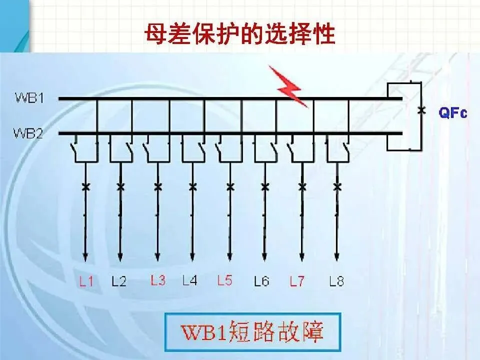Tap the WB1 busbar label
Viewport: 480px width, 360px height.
coord(29,98)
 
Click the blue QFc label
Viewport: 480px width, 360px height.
coord(452,113)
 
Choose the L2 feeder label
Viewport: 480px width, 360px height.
coord(119,281)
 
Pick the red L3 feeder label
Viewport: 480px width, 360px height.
coord(157,280)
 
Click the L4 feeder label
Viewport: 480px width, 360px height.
coord(190,280)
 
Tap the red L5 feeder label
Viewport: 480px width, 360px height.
coord(224,280)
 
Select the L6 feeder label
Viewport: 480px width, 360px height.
coord(261,281)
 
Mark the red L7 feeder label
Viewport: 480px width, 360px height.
coord(297,281)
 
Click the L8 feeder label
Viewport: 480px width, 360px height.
coord(337,281)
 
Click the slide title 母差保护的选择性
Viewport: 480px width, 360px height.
coord(239,34)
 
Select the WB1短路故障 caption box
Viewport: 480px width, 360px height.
coord(253,331)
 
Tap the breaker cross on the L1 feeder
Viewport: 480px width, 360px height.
coord(85,187)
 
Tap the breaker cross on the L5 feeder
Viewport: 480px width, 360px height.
coord(230,187)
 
